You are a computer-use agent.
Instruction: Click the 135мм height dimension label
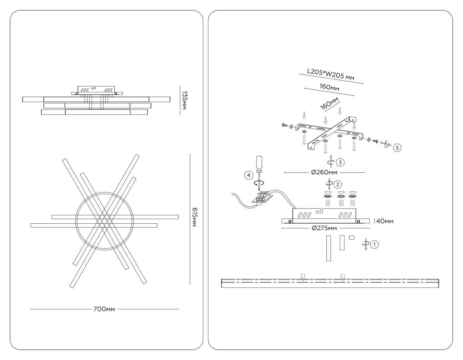coord(184,100)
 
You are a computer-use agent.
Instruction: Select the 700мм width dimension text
coord(104,309)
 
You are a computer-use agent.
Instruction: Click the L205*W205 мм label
coord(331,74)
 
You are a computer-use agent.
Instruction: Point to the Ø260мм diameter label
coord(324,172)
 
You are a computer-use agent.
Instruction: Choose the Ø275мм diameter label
coord(324,228)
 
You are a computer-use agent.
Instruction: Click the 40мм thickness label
coord(385,221)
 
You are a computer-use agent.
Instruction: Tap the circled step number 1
coord(374,245)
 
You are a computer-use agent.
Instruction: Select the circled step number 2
coord(338,184)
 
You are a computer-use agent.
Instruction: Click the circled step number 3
coord(340,162)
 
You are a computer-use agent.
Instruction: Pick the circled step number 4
coord(249,175)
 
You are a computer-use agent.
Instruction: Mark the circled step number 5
coord(397,148)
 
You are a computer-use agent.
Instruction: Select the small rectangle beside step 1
coord(352,237)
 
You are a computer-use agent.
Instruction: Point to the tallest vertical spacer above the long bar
coord(328,248)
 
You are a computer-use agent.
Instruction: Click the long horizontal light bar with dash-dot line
coord(330,283)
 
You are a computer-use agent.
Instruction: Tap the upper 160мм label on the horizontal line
coord(329,87)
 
